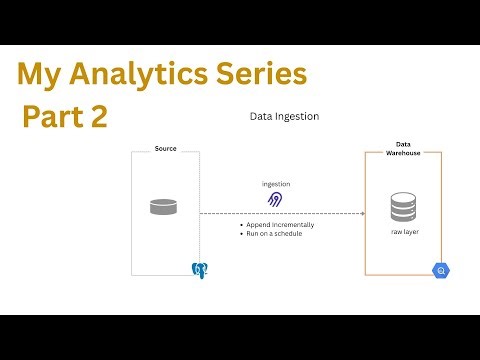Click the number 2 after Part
[x=98, y=117]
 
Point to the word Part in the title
[x=53, y=117]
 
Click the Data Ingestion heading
[x=284, y=116]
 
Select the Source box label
[x=165, y=148]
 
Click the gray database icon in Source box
[x=163, y=207]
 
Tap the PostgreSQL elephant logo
[x=199, y=269]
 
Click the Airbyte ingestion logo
[x=276, y=200]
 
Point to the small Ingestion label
[x=276, y=184]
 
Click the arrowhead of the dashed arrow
[x=361, y=213]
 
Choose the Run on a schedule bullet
[x=274, y=233]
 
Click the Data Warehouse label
[x=404, y=148]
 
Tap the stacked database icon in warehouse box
[x=403, y=208]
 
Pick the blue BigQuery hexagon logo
[x=439, y=270]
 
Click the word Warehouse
[x=404, y=153]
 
